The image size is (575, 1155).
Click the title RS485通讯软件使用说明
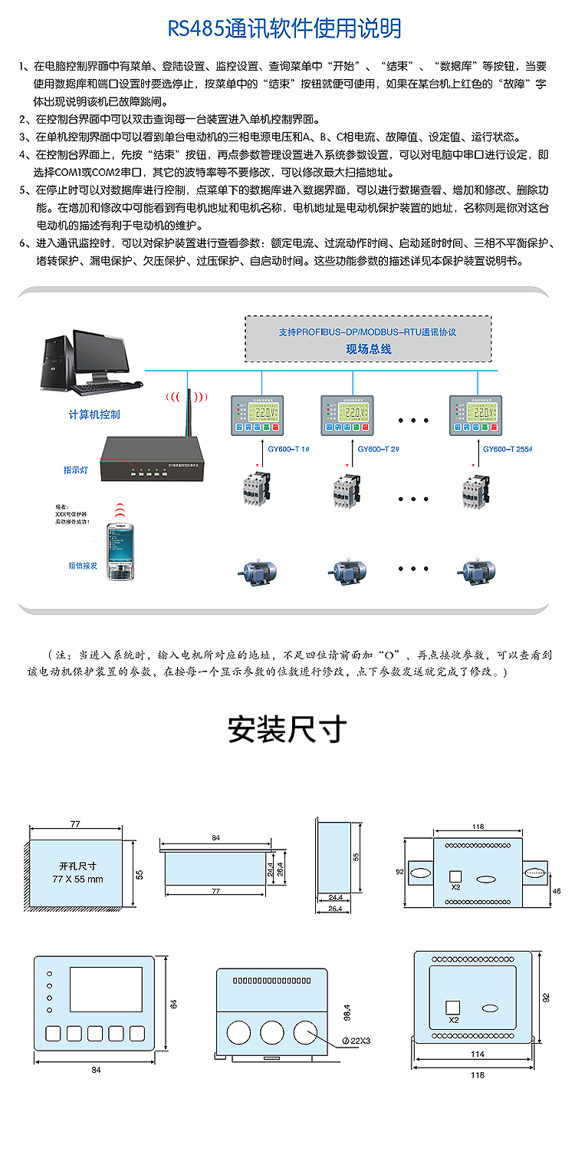(284, 29)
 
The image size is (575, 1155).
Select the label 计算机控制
(94, 414)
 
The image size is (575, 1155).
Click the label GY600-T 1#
(289, 448)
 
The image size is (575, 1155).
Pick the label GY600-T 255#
(507, 448)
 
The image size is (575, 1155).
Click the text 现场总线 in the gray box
(368, 348)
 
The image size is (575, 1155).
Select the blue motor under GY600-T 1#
(258, 569)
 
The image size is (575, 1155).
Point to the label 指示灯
(75, 470)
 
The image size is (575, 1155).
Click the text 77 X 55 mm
(78, 878)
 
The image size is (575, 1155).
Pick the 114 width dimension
(477, 1054)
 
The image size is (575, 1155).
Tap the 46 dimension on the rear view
(557, 889)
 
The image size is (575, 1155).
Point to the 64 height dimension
(174, 1004)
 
